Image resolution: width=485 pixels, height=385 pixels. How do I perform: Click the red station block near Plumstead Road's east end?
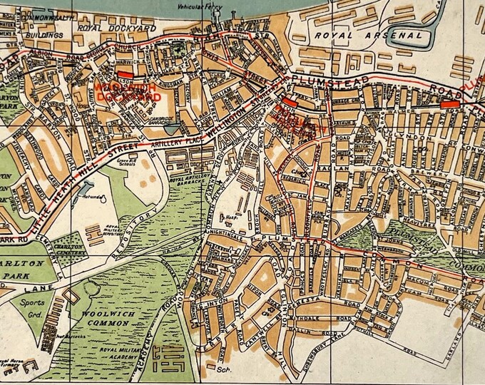[449, 104]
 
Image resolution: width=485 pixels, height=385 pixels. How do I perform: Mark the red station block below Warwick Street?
[125, 73]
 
